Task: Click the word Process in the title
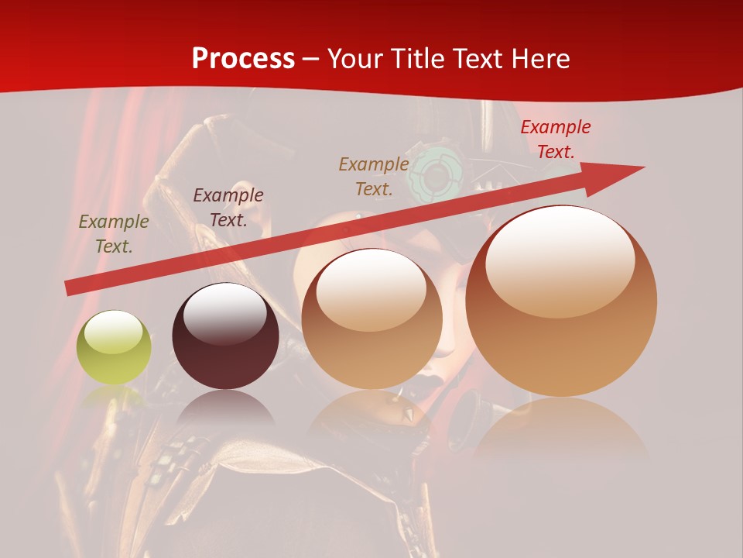pyautogui.click(x=243, y=58)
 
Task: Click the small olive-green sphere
pyautogui.click(x=114, y=348)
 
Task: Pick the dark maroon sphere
pyautogui.click(x=225, y=336)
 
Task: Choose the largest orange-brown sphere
pyautogui.click(x=561, y=302)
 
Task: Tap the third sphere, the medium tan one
pyautogui.click(x=371, y=319)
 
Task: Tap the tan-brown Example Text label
pyautogui.click(x=374, y=176)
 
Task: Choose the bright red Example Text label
pyautogui.click(x=556, y=139)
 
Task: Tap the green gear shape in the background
pyautogui.click(x=437, y=174)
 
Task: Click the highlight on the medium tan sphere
pyautogui.click(x=371, y=288)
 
